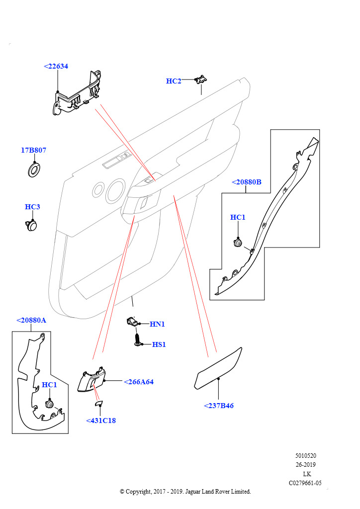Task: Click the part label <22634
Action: (x=56, y=66)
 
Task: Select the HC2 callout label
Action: (x=174, y=81)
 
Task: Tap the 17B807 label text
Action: (x=33, y=150)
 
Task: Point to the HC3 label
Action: (x=32, y=207)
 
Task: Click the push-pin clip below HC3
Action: (x=32, y=225)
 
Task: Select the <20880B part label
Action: (x=247, y=182)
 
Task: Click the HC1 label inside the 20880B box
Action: (x=238, y=217)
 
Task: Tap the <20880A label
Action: (x=31, y=320)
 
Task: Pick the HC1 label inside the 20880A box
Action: (x=49, y=385)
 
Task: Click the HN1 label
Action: (x=157, y=324)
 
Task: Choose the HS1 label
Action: (x=159, y=344)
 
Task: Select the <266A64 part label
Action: (x=138, y=382)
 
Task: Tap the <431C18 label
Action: (x=101, y=421)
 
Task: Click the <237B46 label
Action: (x=219, y=406)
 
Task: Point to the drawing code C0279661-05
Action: (x=305, y=483)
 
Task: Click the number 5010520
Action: (x=306, y=455)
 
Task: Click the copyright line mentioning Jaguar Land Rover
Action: (x=185, y=492)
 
